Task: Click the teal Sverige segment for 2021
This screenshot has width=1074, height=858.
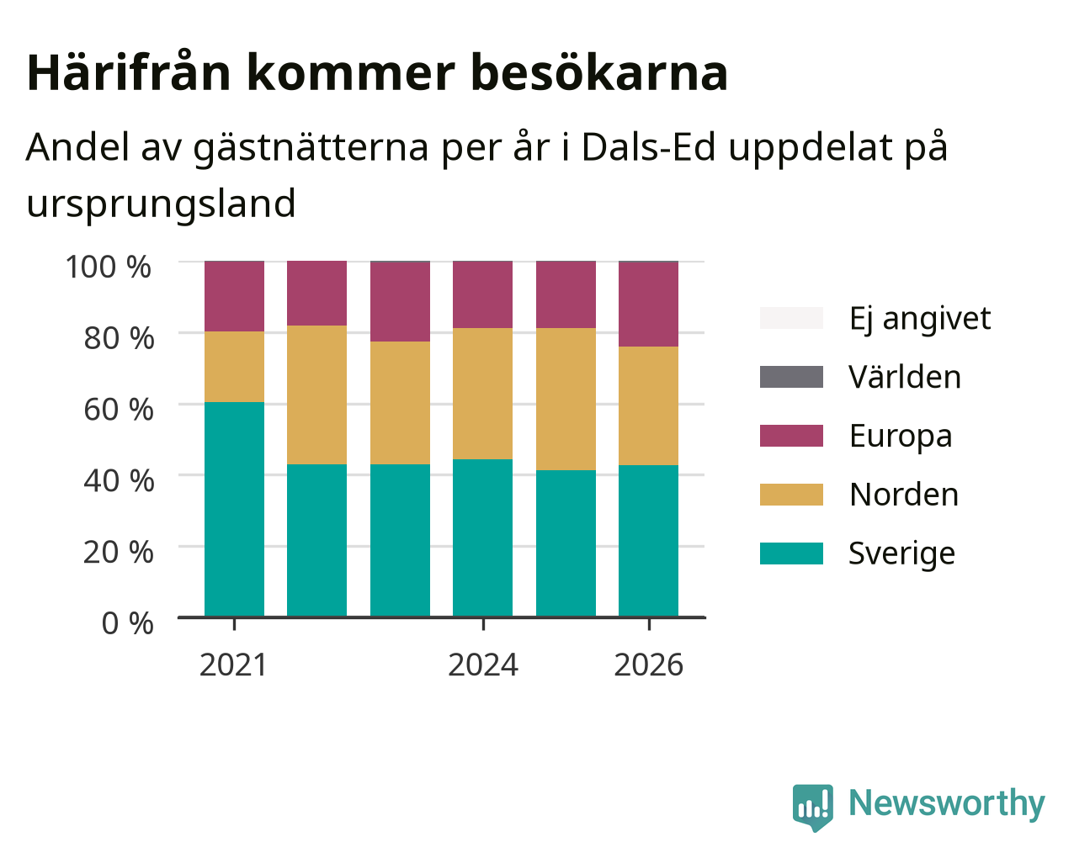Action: (x=234, y=509)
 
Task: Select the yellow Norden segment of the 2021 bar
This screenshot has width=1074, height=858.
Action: (x=234, y=367)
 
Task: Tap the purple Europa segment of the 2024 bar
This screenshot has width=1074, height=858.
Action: (x=482, y=294)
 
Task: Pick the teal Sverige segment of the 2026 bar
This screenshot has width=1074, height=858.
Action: (x=648, y=541)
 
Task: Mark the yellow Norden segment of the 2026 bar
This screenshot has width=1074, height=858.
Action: (x=648, y=405)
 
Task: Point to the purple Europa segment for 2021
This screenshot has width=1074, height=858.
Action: (x=234, y=296)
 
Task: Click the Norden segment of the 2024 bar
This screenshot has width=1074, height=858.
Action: (x=482, y=394)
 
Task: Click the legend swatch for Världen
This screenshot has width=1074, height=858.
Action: (x=791, y=377)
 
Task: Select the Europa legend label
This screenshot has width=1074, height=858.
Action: (x=901, y=436)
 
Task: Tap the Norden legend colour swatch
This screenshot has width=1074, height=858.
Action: (x=791, y=495)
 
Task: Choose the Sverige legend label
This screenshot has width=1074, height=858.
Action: (x=901, y=553)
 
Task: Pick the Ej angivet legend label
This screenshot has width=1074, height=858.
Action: (x=920, y=318)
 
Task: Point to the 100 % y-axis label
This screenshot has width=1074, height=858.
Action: (x=108, y=267)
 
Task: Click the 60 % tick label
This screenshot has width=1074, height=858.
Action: (x=119, y=410)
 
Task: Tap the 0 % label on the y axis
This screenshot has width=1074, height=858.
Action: (x=127, y=623)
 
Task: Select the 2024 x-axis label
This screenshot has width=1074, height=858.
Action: (x=482, y=665)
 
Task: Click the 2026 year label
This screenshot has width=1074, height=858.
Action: (x=648, y=665)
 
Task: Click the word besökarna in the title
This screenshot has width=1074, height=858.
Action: (x=599, y=73)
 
